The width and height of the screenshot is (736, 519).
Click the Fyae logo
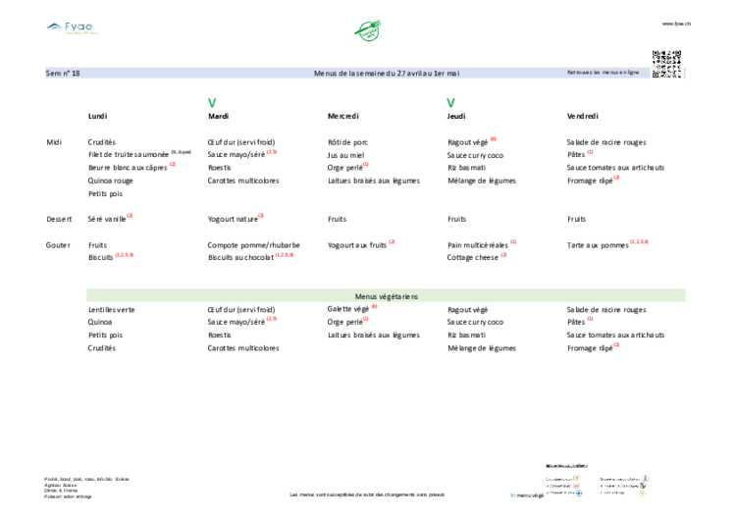coord(72,26)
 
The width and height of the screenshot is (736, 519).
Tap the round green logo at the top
coord(368,29)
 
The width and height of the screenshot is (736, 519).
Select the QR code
coord(666,62)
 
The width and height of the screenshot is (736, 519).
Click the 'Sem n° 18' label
coord(63,74)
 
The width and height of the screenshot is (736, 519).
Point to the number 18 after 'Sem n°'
coord(76,74)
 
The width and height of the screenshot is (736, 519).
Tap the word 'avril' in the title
coord(416,74)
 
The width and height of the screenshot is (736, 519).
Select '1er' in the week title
coord(440,74)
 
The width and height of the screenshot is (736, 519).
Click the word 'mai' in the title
coord(453,74)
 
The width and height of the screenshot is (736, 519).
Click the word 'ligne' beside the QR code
coord(632,73)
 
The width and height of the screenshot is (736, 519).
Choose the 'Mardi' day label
coord(217,116)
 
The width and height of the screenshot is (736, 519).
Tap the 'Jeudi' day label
coord(456,116)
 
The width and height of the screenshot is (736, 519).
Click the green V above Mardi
coord(212,102)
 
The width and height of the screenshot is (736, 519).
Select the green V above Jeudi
coord(451,102)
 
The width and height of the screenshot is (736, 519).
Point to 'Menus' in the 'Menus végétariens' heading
coord(365,296)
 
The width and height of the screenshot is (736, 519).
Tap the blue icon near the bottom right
coord(579,493)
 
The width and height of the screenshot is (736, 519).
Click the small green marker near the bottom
coord(511,494)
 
